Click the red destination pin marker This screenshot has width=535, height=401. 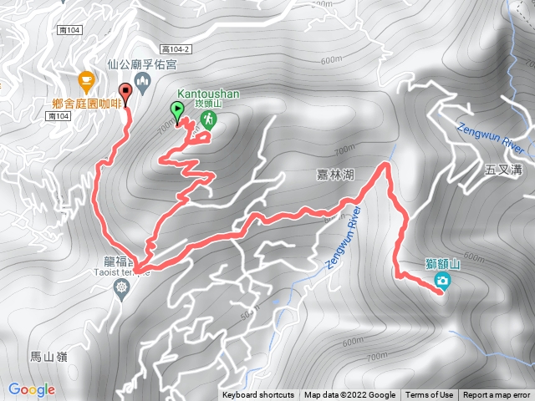(126, 93)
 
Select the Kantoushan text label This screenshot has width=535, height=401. (206, 94)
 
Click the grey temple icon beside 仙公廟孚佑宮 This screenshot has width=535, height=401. (141, 80)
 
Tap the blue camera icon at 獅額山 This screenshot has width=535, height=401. (442, 282)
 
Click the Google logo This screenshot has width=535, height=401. (32, 389)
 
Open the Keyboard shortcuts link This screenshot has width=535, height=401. (258, 395)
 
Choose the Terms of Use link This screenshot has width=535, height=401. (430, 395)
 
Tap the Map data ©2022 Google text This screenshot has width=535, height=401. (349, 395)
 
